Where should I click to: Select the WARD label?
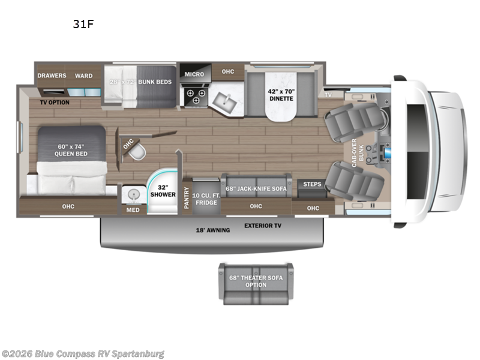(83, 76)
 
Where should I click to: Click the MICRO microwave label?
(194, 74)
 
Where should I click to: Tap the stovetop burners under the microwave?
(194, 97)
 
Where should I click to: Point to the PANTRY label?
(187, 199)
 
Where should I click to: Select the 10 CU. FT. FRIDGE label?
(206, 199)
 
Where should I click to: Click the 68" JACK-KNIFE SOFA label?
(256, 188)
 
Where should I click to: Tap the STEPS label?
(313, 184)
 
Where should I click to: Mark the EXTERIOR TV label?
(262, 226)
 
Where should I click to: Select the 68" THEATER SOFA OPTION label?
(256, 281)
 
